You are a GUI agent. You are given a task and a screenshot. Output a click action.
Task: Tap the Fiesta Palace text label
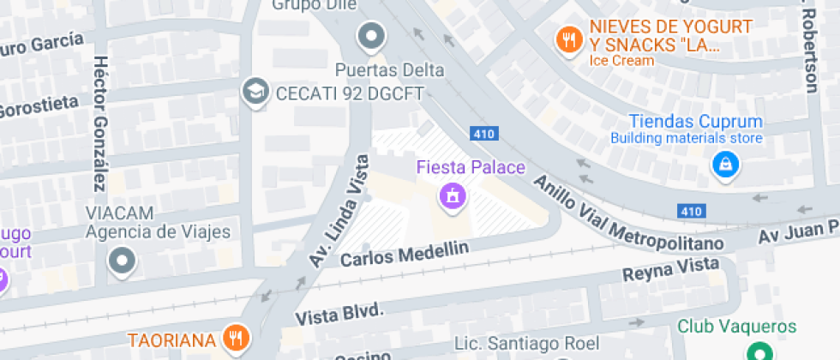click(x=471, y=167)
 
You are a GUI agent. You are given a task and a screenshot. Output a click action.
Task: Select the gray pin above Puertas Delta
click(x=371, y=37)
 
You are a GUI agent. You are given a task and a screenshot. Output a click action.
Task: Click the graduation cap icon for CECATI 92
click(x=255, y=91)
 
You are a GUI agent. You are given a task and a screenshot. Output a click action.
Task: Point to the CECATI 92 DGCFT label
click(x=349, y=92)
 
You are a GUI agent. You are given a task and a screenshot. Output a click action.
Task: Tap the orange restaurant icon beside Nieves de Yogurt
click(x=567, y=38)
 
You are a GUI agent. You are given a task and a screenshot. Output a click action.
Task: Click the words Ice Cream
click(x=621, y=61)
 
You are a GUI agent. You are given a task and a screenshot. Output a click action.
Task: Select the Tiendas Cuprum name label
click(x=695, y=121)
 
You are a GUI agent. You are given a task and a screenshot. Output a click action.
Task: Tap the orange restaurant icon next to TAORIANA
click(x=233, y=339)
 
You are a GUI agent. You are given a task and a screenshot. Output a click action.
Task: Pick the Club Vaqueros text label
click(x=737, y=327)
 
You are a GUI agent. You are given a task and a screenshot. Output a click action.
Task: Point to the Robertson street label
click(x=809, y=51)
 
